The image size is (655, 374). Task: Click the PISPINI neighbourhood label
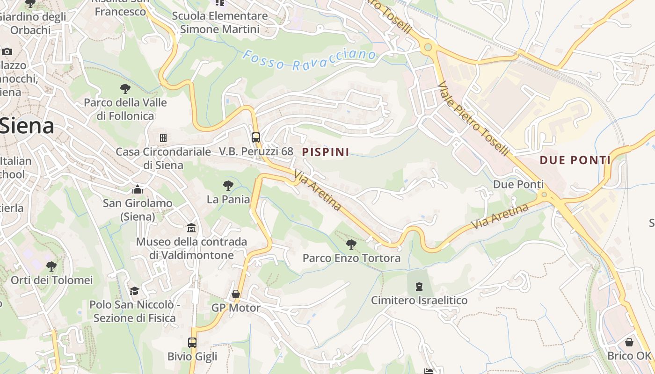(326, 152)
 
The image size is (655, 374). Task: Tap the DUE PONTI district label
(575, 160)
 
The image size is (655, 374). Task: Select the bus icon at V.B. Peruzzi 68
(255, 137)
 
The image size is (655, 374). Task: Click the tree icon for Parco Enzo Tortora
(351, 244)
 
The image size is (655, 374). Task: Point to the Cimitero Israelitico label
(419, 300)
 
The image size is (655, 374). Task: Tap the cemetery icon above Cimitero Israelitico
(419, 286)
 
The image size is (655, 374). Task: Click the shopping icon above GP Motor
(236, 294)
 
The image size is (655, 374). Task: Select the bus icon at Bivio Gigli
(192, 342)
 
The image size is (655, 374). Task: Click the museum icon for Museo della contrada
(191, 228)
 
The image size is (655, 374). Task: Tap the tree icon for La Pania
(228, 186)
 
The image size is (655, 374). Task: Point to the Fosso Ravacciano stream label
(309, 59)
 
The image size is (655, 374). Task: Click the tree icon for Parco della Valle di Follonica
(125, 88)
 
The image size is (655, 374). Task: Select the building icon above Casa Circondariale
(163, 138)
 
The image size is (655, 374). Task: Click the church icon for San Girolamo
(138, 189)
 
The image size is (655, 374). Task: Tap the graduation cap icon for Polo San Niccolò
(135, 291)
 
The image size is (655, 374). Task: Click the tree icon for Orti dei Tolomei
(51, 266)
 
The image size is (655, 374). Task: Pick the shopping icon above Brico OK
(629, 342)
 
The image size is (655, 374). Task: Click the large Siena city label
(27, 126)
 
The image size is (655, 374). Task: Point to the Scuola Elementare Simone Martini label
(220, 22)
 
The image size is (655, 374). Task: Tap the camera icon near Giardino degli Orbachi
(7, 51)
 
